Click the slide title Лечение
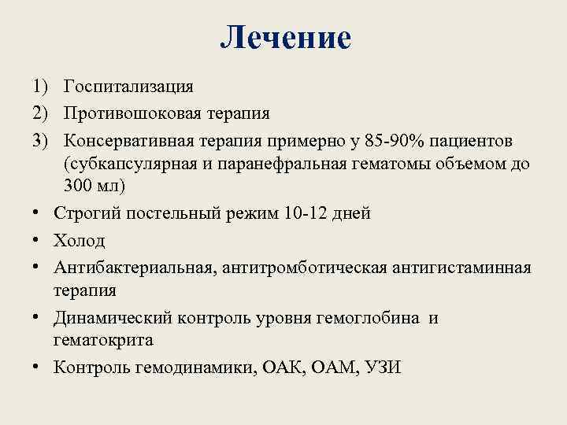pos(285,38)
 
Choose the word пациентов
pos(480,140)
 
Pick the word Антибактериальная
pos(130,268)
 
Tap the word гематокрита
pos(103,340)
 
